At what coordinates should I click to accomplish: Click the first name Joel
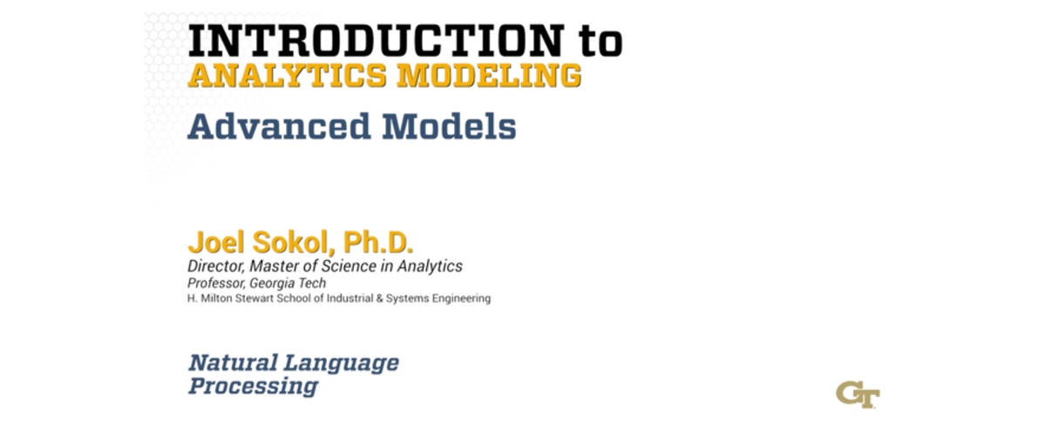(x=209, y=243)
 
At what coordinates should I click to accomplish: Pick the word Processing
(x=253, y=386)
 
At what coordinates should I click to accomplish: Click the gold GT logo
(x=858, y=393)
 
